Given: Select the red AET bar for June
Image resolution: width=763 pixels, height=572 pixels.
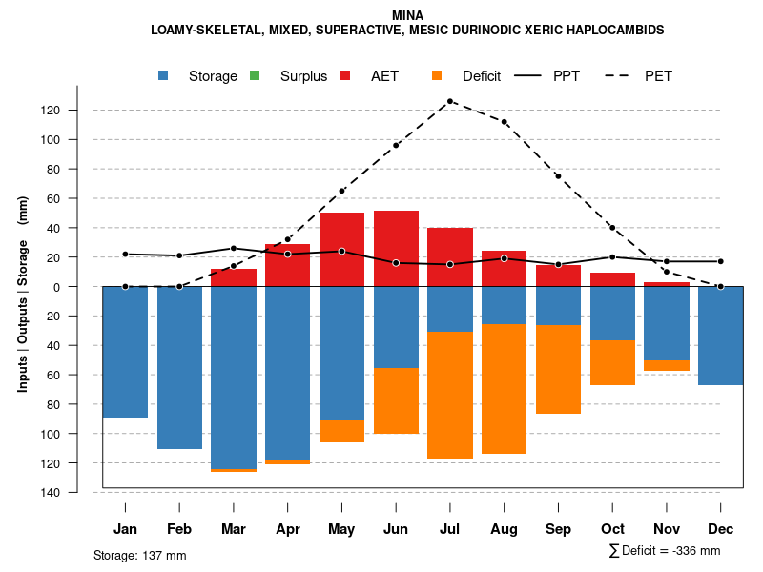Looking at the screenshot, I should [x=396, y=249].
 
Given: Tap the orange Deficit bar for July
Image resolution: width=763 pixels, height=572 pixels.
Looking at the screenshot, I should [x=450, y=395].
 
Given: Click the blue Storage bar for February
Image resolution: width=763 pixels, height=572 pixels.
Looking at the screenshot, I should [x=179, y=367].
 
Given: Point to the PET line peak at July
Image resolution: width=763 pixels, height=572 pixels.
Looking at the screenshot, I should [x=450, y=100].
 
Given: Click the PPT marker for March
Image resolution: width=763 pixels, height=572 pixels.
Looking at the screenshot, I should [x=234, y=248].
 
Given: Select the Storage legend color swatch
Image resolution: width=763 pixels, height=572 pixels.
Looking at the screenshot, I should [x=165, y=76].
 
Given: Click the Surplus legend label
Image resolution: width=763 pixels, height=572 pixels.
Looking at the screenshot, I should [x=303, y=76].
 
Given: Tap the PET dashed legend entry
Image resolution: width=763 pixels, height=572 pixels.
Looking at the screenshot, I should [x=658, y=76].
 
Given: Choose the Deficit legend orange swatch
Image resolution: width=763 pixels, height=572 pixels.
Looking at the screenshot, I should [x=437, y=76].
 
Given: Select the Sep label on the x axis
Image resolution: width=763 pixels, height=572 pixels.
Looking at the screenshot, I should [x=559, y=529].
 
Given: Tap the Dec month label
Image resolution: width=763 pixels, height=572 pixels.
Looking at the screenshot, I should [x=721, y=529].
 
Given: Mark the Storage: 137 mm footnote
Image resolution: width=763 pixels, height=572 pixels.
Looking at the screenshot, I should [x=140, y=555].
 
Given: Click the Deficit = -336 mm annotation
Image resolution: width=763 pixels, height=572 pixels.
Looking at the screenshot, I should [x=664, y=551].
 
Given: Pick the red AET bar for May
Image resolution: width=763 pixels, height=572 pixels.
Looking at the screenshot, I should [x=341, y=249].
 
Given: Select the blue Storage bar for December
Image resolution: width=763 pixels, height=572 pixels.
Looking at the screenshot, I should [x=721, y=336].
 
